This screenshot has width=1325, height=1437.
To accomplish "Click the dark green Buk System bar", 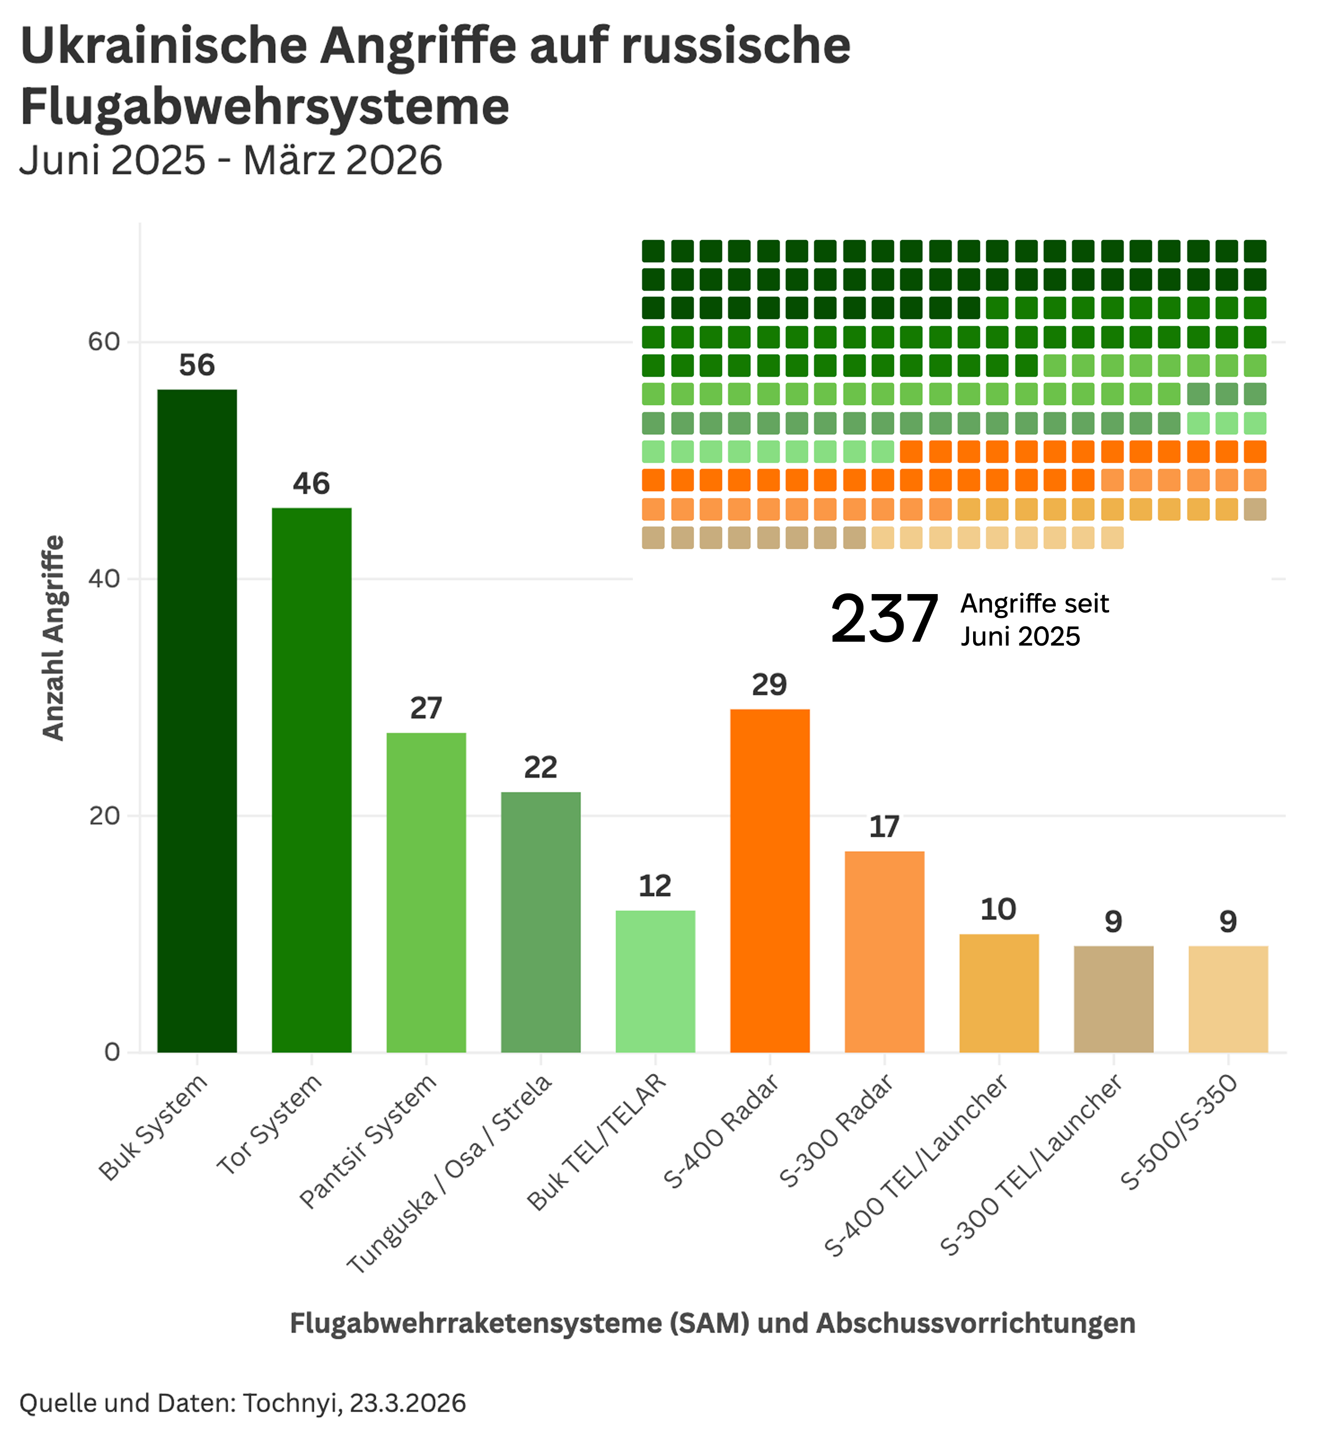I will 197,720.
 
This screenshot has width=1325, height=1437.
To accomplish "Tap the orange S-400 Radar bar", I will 769,880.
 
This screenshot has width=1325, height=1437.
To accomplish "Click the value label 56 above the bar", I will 197,366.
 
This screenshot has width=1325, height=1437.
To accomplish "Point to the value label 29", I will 769,685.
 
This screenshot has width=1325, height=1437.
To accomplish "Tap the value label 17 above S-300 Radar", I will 884,827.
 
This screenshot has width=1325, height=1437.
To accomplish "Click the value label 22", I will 540,768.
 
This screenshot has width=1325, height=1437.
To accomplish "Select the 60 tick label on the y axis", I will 104,342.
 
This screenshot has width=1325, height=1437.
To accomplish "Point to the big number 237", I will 884,619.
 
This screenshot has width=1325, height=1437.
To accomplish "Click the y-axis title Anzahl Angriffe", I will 54,638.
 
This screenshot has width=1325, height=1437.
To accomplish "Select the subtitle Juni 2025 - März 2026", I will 230,160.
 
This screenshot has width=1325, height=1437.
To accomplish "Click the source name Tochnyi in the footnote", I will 290,1402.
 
